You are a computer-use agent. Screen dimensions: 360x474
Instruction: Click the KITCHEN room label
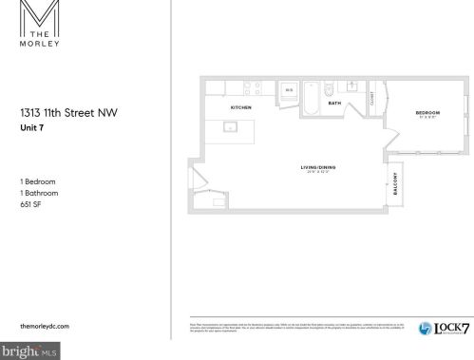click(x=240, y=107)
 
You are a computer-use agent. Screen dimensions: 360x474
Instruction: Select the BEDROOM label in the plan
click(x=427, y=113)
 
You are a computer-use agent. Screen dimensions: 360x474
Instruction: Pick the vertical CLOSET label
click(x=372, y=97)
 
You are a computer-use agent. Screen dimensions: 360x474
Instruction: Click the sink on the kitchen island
click(x=230, y=126)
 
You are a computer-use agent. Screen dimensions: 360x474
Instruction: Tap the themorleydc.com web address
click(x=46, y=326)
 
